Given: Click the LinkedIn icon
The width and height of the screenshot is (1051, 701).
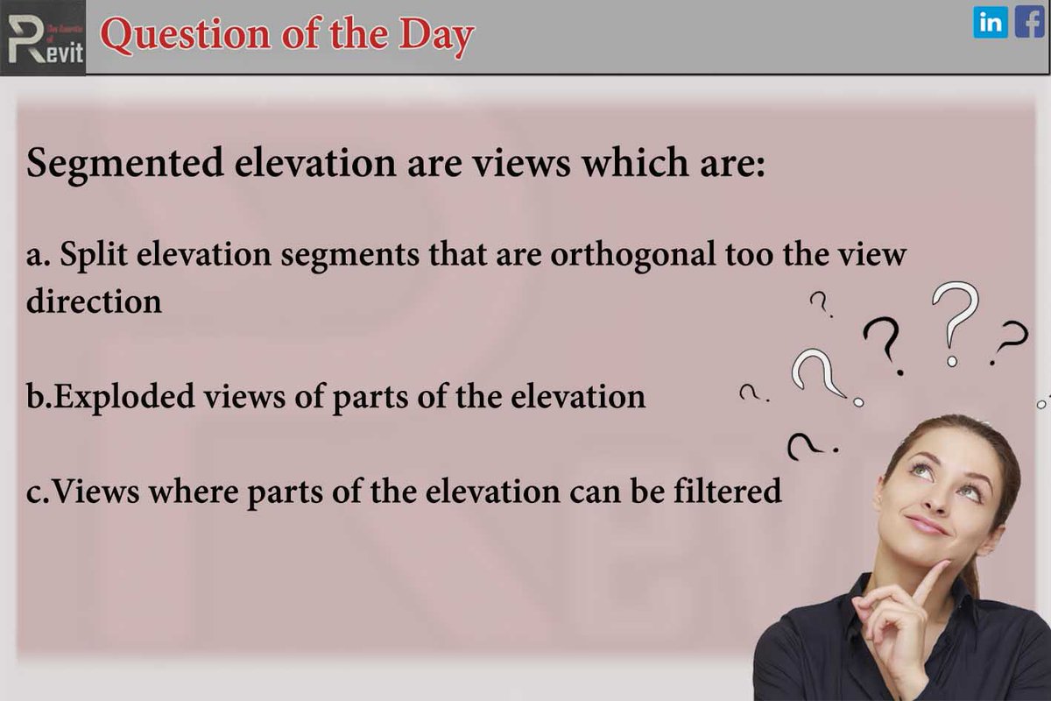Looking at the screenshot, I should coord(991,22).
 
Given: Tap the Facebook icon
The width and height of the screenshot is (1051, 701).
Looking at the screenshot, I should coord(1029,22).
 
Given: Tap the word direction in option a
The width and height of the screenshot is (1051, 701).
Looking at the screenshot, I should coord(94,301).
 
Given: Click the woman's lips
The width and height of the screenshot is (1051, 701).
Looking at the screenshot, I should coord(926,525).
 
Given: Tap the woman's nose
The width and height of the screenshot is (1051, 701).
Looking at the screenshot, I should coord(935,499).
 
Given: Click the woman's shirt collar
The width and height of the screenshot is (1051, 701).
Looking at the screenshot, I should coord(876,613).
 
